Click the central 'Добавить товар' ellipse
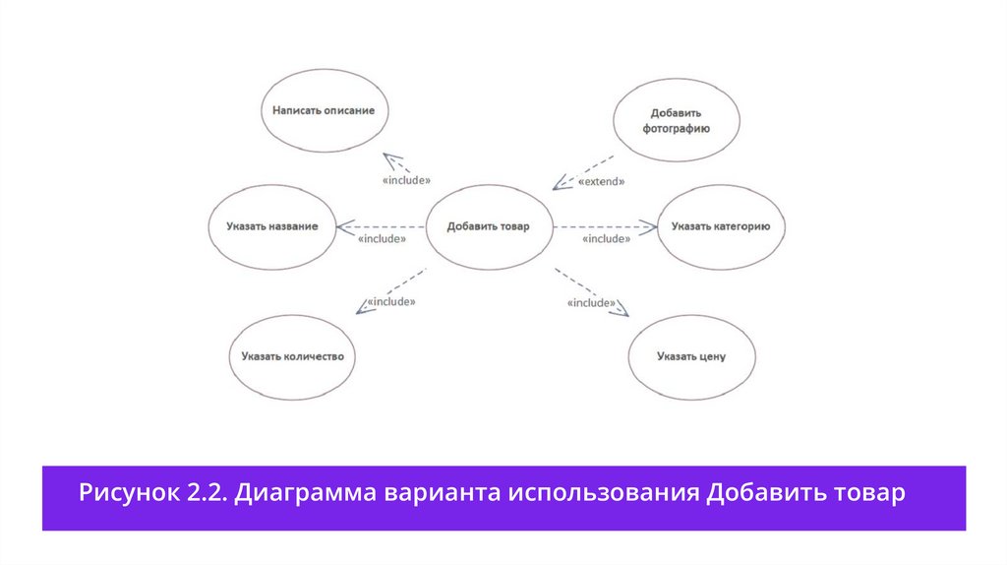click(x=488, y=226)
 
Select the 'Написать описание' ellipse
click(x=324, y=111)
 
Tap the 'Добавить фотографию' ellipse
click(x=676, y=121)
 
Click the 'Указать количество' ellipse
click(x=292, y=355)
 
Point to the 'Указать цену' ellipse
click(x=691, y=355)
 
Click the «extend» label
click(x=601, y=182)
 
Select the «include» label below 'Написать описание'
click(x=406, y=181)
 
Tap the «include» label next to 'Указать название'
click(x=383, y=239)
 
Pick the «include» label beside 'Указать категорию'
click(x=606, y=239)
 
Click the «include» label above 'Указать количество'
click(x=390, y=301)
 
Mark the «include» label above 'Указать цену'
click(x=592, y=303)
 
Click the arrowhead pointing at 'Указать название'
click(x=343, y=227)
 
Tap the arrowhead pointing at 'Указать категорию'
click(x=650, y=227)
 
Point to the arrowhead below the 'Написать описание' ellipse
click(x=390, y=160)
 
